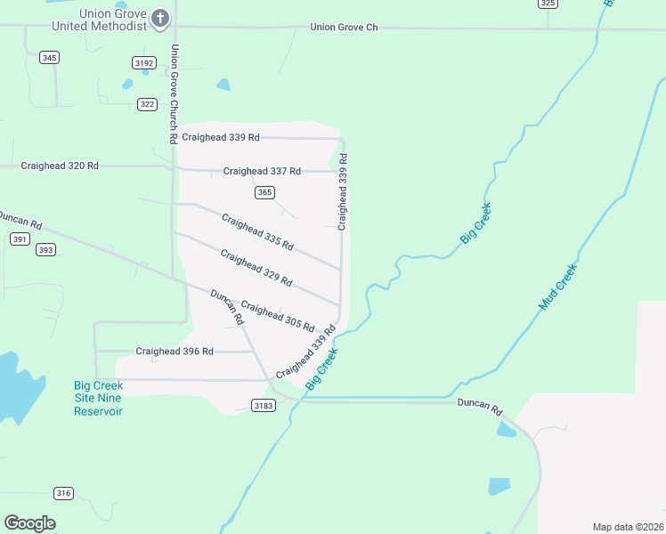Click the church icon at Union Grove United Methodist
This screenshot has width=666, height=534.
(x=159, y=18)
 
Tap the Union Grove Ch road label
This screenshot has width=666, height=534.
(x=344, y=28)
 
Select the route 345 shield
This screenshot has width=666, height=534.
(x=50, y=58)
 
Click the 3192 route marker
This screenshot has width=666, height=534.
(x=144, y=62)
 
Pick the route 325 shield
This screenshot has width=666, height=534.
(x=548, y=4)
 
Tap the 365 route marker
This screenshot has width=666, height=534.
(x=264, y=192)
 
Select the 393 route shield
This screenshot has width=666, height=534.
(x=46, y=250)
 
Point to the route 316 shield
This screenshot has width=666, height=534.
(x=63, y=493)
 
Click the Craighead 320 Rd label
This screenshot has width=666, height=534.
(x=60, y=166)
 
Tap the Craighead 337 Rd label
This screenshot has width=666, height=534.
(x=262, y=171)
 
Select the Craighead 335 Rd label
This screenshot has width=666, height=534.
(x=257, y=231)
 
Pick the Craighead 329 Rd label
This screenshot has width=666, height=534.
(x=256, y=268)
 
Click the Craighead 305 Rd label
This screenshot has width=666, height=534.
(x=278, y=316)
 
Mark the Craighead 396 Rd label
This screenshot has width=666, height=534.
(x=175, y=352)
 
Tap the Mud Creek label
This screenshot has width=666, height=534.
(x=558, y=287)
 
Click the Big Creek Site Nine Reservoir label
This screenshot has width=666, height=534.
(x=98, y=399)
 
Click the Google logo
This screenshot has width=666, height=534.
(x=30, y=523)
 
